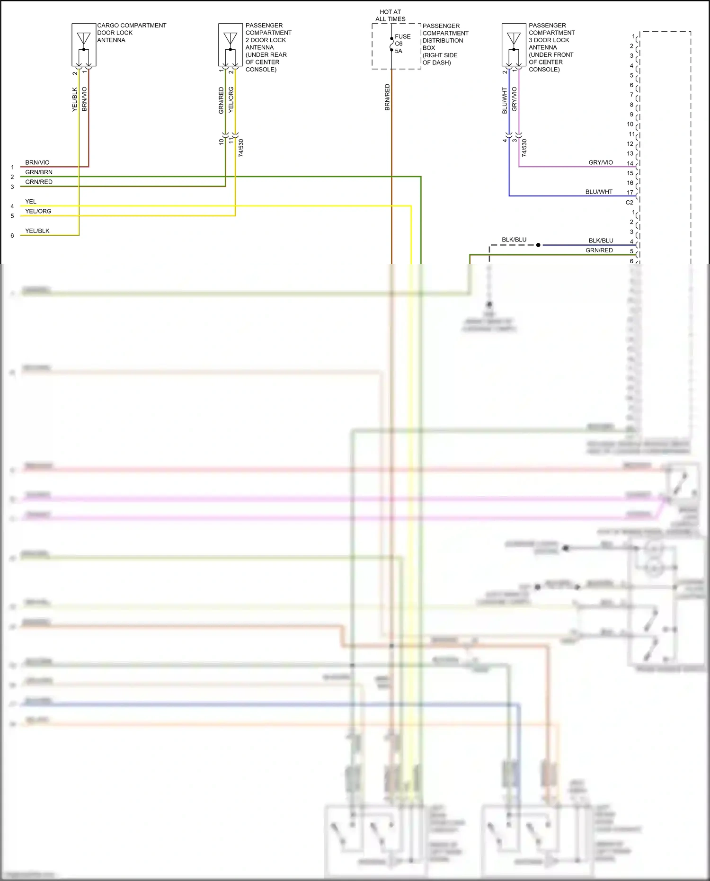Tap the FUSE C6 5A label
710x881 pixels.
pyautogui.click(x=402, y=44)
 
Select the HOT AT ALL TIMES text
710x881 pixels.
pyautogui.click(x=390, y=16)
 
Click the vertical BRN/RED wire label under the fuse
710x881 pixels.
pyautogui.click(x=387, y=98)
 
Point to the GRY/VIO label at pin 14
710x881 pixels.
pyautogui.click(x=601, y=162)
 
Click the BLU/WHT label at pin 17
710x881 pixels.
pyautogui.click(x=599, y=192)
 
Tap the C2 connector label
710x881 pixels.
pyautogui.click(x=629, y=203)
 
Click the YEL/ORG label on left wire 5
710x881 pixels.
pyautogui.click(x=38, y=211)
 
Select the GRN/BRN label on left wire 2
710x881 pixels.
pyautogui.click(x=39, y=172)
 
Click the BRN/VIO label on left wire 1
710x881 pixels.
pyautogui.click(x=37, y=162)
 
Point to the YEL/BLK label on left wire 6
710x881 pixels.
pyautogui.click(x=37, y=231)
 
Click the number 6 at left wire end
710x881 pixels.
pyautogui.click(x=12, y=236)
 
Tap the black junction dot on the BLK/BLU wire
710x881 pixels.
pyautogui.click(x=538, y=245)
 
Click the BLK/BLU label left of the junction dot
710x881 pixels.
pyautogui.click(x=514, y=240)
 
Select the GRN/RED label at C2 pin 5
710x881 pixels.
pyautogui.click(x=599, y=250)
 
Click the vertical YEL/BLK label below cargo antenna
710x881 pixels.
pyautogui.click(x=74, y=99)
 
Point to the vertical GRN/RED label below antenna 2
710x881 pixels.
pyautogui.click(x=221, y=100)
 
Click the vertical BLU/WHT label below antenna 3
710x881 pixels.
pyautogui.click(x=505, y=100)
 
